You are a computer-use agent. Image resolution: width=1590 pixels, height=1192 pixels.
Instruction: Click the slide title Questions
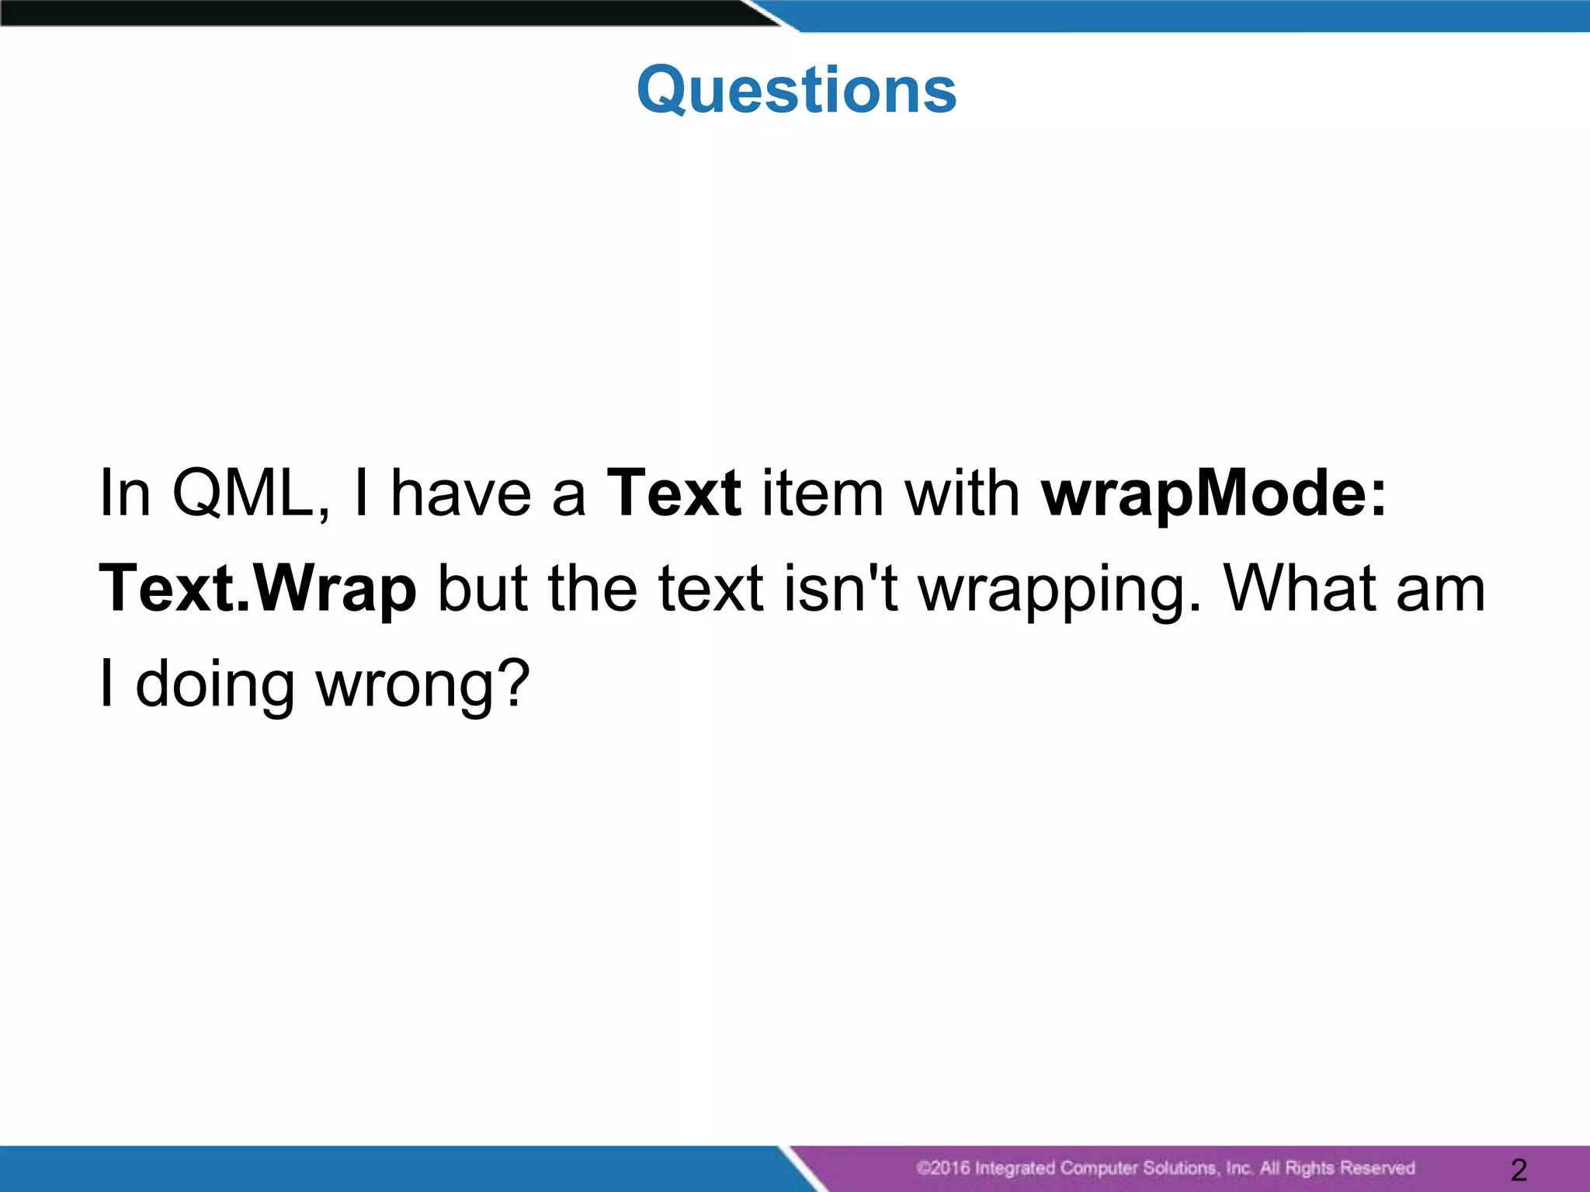(797, 90)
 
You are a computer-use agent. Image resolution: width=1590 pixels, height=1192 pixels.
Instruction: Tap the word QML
(250, 494)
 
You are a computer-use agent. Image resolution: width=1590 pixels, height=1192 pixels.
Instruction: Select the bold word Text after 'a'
(674, 494)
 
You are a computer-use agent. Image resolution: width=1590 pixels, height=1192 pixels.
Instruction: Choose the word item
(823, 494)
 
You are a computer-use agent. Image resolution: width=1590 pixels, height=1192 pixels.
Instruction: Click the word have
(460, 494)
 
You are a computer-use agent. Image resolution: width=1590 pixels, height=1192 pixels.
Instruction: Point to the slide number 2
(1519, 1169)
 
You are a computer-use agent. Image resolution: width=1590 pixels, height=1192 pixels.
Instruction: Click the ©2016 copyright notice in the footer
(1165, 1168)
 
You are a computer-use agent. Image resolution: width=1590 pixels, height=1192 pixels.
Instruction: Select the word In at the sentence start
(125, 494)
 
